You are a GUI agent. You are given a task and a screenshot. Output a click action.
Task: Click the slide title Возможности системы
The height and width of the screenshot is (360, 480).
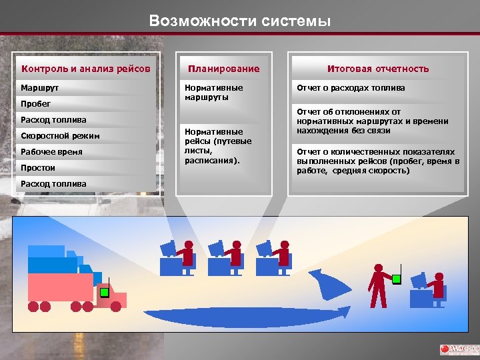click(x=240, y=21)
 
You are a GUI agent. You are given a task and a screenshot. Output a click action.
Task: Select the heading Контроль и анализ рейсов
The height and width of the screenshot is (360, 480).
click(x=86, y=69)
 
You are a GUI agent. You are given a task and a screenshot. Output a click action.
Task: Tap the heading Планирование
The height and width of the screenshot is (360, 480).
click(x=223, y=69)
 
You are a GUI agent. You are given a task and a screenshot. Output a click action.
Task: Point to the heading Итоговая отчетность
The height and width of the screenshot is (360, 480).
click(x=377, y=69)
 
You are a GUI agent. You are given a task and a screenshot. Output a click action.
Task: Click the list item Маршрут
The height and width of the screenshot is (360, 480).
click(x=39, y=88)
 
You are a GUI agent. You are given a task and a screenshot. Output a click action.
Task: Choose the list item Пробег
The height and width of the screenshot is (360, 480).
click(x=35, y=104)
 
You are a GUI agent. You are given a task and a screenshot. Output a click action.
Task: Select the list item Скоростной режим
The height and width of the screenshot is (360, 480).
click(x=60, y=136)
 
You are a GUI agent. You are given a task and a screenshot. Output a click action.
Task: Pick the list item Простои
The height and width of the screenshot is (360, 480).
click(x=38, y=168)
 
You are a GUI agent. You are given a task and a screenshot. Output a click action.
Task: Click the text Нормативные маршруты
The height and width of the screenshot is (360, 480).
click(x=213, y=92)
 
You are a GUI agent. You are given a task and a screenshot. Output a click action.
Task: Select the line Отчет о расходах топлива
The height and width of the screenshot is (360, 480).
click(x=351, y=88)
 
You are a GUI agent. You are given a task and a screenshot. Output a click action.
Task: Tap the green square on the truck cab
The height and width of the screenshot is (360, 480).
click(x=104, y=292)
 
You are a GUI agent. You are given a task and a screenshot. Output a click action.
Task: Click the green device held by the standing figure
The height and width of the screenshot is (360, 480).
click(x=397, y=279)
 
